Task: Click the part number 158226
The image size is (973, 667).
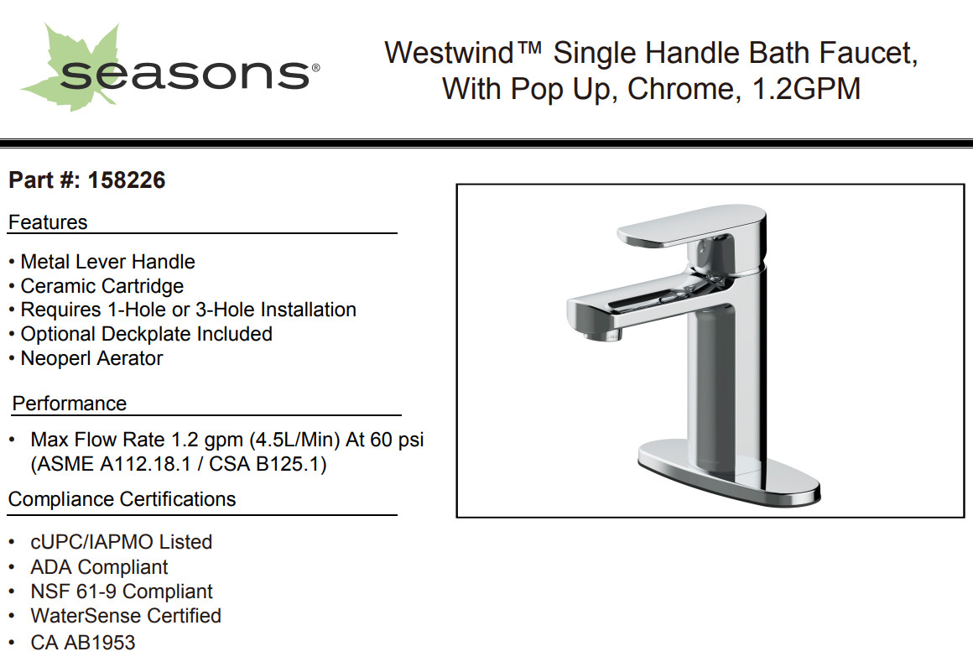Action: [127, 180]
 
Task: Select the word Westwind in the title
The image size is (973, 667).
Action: [450, 53]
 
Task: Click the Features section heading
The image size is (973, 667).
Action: [48, 222]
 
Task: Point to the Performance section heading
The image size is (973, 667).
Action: [70, 404]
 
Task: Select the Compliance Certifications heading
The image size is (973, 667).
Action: [122, 499]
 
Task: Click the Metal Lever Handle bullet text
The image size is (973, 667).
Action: [108, 261]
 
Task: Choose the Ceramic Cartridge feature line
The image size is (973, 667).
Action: [102, 286]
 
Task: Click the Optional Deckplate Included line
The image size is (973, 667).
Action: [147, 334]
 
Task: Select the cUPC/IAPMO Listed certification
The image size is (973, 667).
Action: [122, 542]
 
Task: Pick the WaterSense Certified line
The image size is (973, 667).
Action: [126, 616]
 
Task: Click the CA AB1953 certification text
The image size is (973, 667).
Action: [83, 642]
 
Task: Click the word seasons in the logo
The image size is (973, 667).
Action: [185, 75]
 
